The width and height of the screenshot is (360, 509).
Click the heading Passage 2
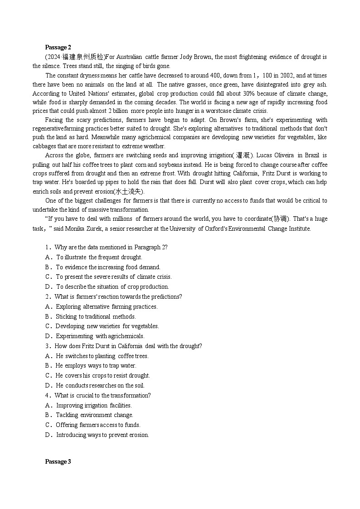[x=58, y=47]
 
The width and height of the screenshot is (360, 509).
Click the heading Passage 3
[x=58, y=461]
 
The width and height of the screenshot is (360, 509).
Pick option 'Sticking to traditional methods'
[x=96, y=316]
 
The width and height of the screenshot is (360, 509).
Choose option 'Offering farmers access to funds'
[x=98, y=425]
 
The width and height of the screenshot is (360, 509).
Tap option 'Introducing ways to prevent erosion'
[x=102, y=435]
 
